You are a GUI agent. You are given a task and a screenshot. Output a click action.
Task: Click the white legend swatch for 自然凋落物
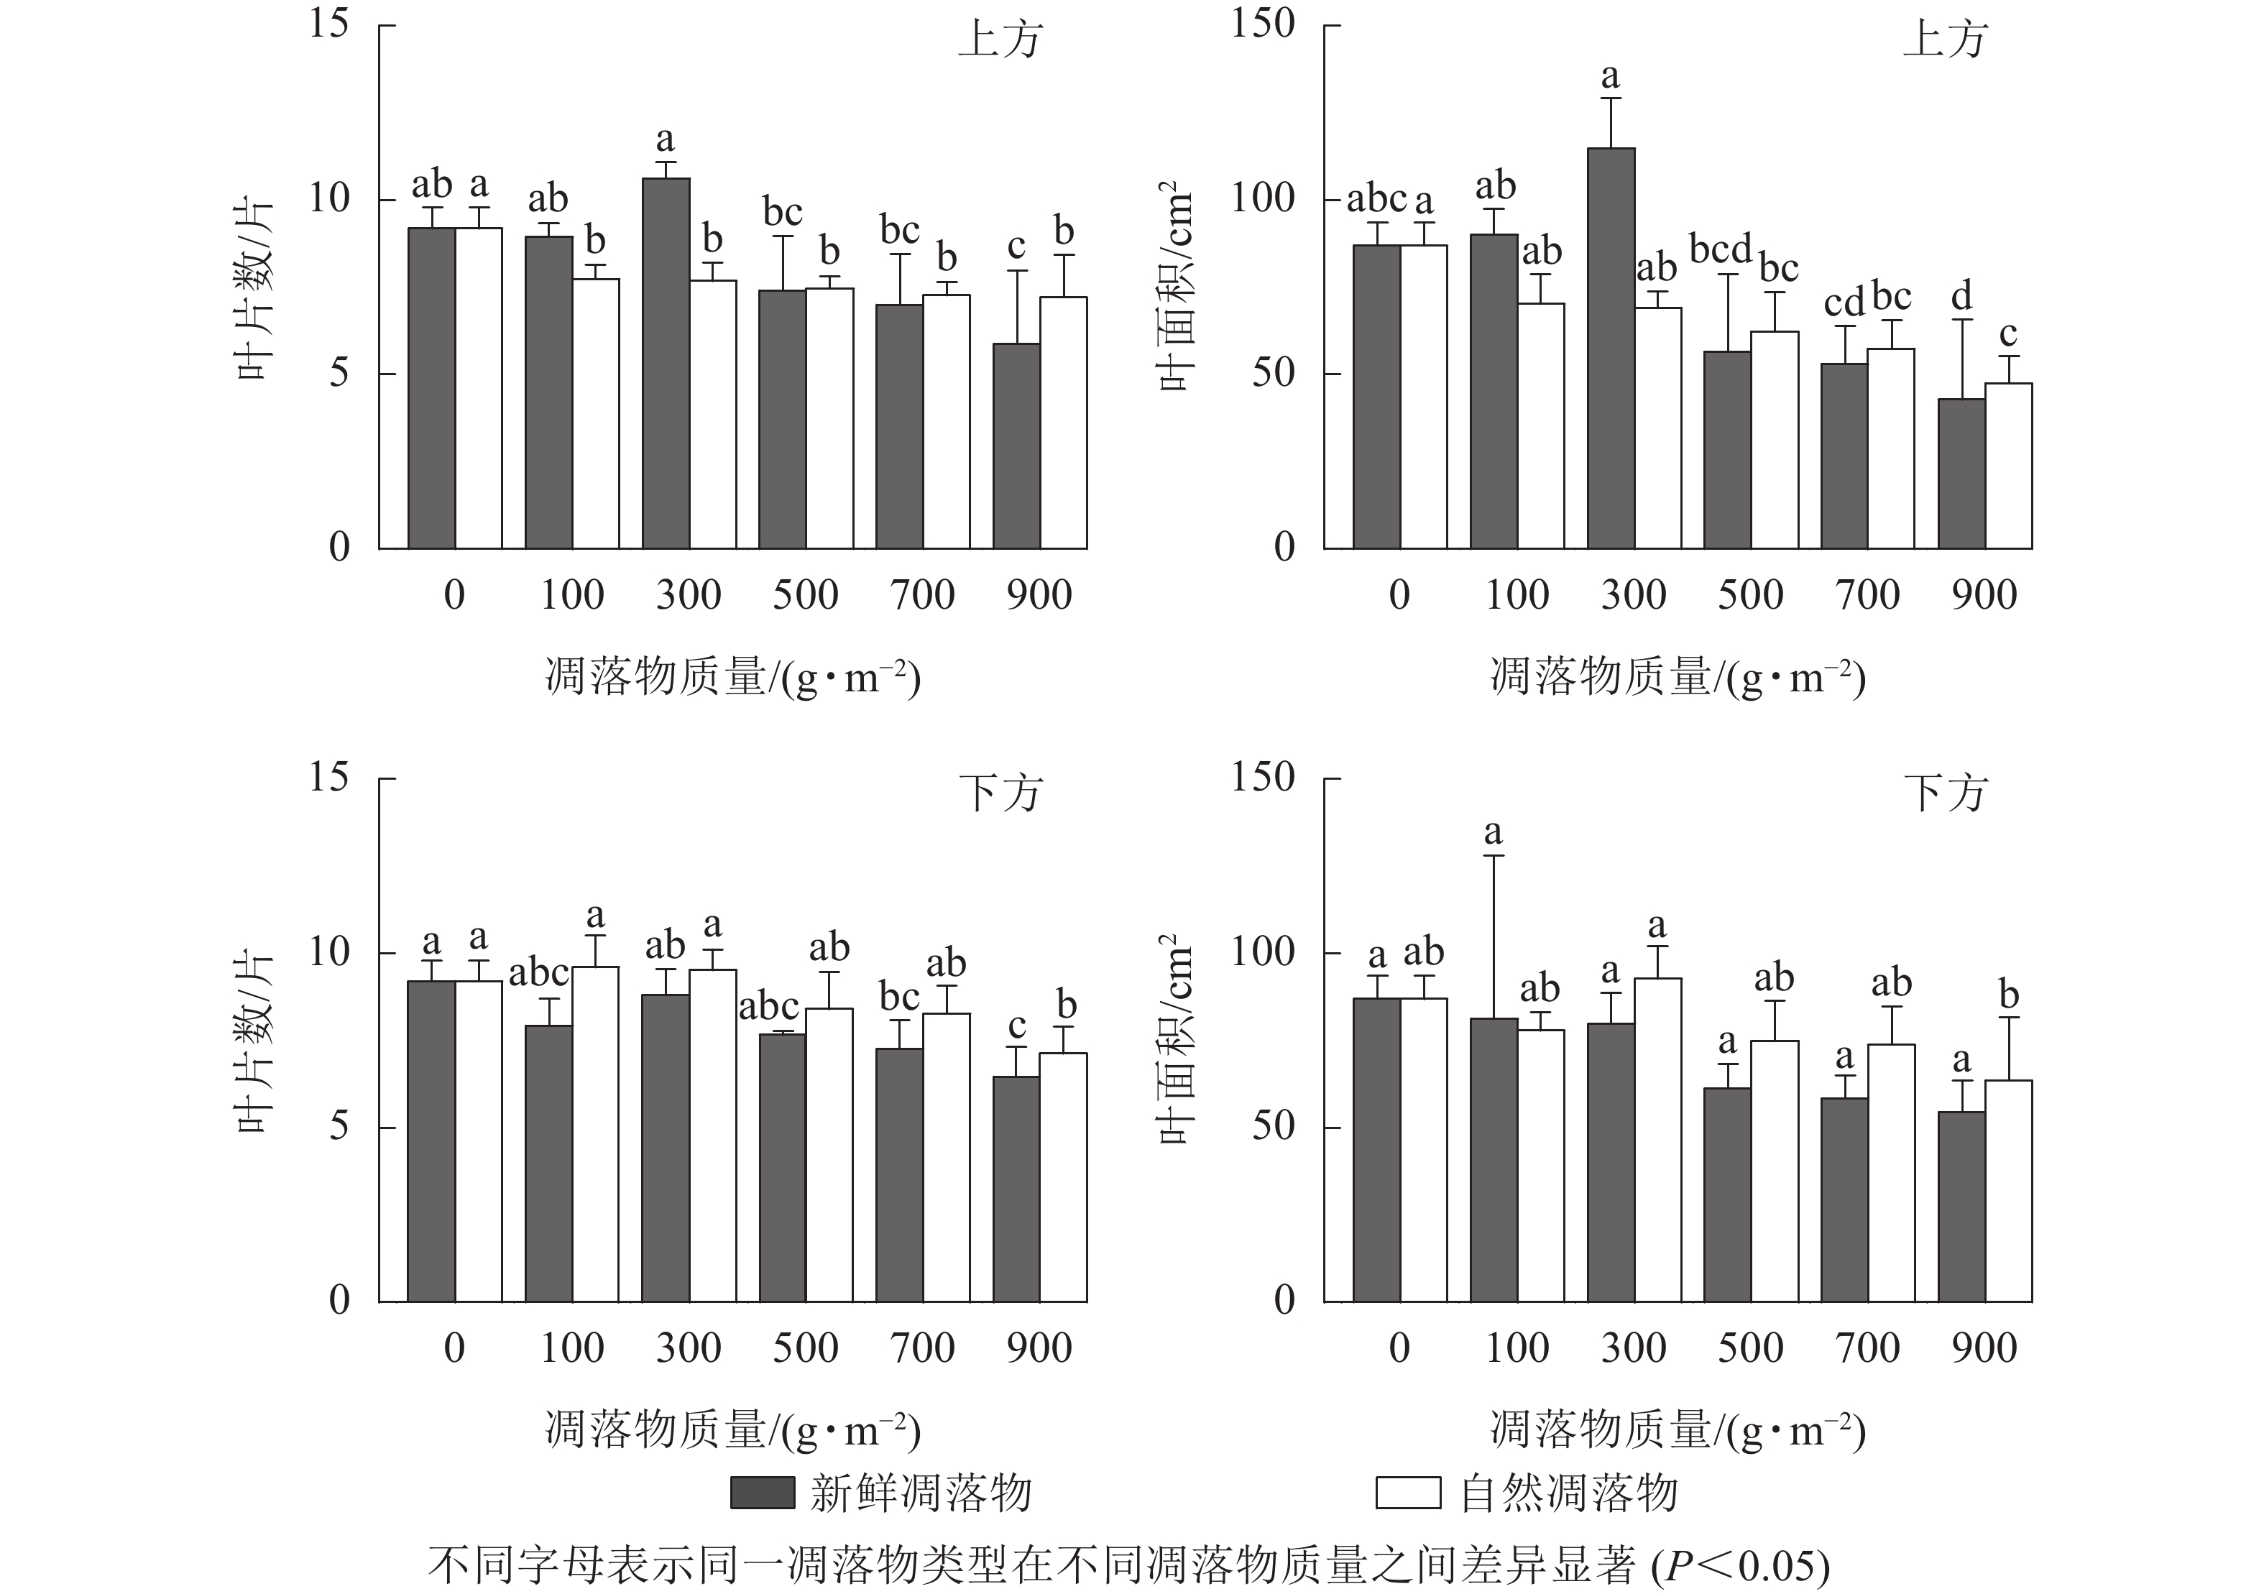click(1407, 1493)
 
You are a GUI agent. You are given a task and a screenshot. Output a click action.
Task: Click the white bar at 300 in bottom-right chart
click(1657, 1140)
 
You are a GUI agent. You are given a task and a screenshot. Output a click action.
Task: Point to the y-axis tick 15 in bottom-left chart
click(328, 778)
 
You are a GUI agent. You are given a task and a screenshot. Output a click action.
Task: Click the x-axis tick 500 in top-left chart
click(806, 595)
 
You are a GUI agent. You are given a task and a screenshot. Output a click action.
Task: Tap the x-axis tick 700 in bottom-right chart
click(1867, 1348)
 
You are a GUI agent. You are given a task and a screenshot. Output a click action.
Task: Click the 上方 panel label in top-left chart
click(1000, 40)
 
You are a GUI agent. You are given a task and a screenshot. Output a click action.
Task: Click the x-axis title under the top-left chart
click(732, 678)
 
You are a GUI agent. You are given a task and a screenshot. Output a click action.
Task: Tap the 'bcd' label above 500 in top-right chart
click(1721, 249)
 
